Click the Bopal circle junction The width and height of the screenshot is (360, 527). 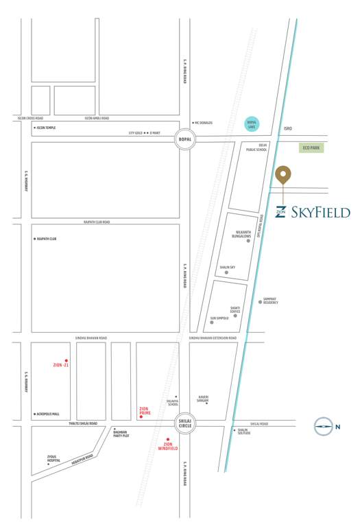click(184, 139)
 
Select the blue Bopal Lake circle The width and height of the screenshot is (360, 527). click(252, 124)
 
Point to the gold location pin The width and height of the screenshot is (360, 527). click(283, 175)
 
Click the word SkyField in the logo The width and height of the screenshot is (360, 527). click(320, 212)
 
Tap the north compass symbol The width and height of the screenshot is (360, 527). click(324, 427)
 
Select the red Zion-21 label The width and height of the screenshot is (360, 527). click(61, 364)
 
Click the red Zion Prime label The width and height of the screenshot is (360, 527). click(144, 411)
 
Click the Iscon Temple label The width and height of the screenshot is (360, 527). click(46, 128)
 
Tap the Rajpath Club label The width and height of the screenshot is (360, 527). click(46, 239)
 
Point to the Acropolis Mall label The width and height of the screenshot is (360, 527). click(47, 414)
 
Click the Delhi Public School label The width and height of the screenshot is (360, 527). click(257, 148)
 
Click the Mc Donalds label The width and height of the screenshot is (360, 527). click(204, 123)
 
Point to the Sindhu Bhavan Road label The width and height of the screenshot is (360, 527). click(91, 338)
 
